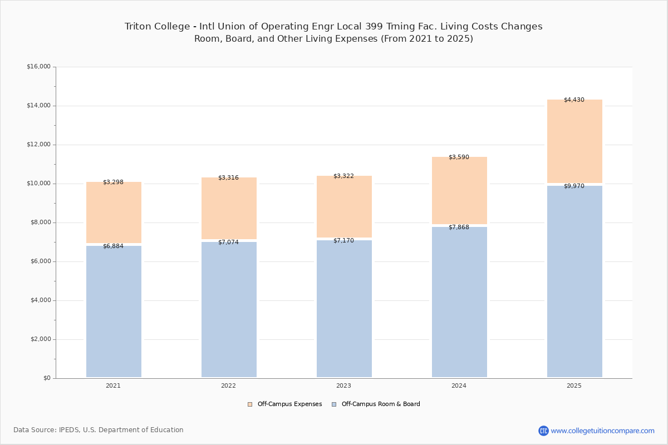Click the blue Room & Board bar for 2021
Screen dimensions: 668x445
114,311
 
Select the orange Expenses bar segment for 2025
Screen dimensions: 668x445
574,141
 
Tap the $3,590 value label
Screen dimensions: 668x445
459,157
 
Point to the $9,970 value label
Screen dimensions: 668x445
574,186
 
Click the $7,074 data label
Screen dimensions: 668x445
228,242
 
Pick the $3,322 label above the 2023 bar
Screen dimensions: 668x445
343,176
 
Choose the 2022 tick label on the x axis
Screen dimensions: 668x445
228,385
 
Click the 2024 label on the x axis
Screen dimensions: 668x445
459,385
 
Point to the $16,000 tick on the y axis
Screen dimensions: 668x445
39,66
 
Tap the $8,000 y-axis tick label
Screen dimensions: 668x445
41,222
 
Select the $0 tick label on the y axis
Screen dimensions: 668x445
47,378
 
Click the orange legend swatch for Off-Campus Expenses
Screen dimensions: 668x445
250,404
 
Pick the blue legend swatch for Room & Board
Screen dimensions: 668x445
334,404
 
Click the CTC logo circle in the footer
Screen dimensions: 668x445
543,431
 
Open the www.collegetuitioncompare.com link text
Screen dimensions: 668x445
602,431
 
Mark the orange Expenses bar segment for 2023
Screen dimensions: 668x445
344,206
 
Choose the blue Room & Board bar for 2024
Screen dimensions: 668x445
460,302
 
